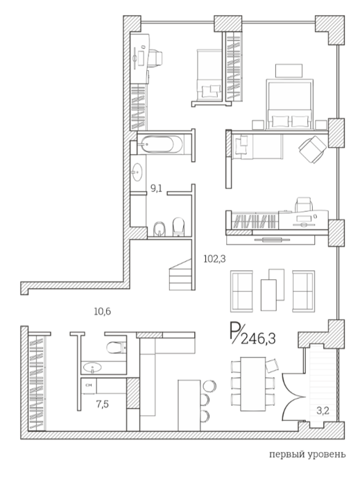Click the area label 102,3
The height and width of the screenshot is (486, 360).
click(x=214, y=258)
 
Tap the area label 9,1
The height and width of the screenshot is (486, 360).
click(x=156, y=188)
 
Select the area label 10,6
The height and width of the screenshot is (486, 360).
click(x=103, y=312)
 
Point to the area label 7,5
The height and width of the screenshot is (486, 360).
click(x=103, y=405)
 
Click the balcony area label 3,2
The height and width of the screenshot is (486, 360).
click(x=323, y=411)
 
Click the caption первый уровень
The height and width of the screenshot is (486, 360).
click(x=307, y=455)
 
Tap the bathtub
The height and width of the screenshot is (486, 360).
click(x=161, y=144)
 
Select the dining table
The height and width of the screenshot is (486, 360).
click(x=253, y=384)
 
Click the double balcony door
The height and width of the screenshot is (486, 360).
click(x=292, y=396)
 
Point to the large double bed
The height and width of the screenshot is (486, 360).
click(x=289, y=104)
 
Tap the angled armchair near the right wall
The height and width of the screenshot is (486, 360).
click(x=312, y=149)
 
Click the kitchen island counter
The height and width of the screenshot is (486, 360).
click(x=189, y=405)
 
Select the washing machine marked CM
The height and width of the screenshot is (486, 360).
click(x=89, y=385)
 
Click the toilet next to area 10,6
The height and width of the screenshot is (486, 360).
click(x=117, y=347)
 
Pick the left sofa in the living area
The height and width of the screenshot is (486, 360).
click(x=241, y=292)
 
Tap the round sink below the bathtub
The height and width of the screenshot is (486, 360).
click(x=137, y=171)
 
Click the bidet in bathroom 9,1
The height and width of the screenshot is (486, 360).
click(x=160, y=229)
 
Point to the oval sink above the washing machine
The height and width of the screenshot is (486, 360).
click(x=92, y=367)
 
